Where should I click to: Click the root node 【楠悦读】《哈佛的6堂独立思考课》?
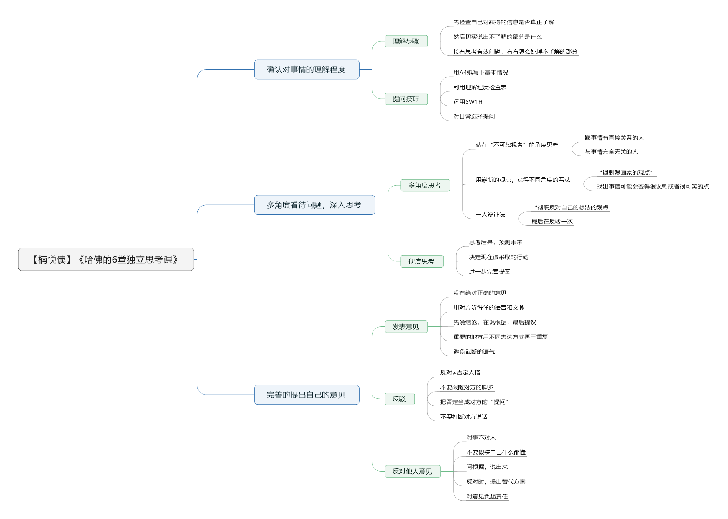click(x=106, y=259)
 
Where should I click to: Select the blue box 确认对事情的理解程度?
click(x=307, y=69)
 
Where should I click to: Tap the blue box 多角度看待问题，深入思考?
click(x=314, y=205)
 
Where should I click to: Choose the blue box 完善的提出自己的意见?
click(x=307, y=395)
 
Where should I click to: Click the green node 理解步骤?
click(x=406, y=41)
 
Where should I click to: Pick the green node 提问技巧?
click(x=406, y=99)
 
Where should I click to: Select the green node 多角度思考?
click(x=425, y=185)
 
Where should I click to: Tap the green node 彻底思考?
click(x=422, y=261)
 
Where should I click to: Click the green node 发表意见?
click(x=406, y=326)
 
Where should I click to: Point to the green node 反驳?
click(x=399, y=399)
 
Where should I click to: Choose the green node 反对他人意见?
click(x=412, y=471)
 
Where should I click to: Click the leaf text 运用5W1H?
click(x=468, y=102)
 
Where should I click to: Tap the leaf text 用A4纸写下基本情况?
click(x=481, y=72)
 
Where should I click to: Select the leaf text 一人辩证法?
click(x=490, y=215)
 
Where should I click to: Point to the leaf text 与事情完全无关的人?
click(x=611, y=152)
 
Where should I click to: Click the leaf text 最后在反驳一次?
click(x=552, y=222)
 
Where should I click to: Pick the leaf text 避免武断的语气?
click(x=474, y=352)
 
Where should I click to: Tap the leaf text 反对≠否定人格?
click(x=460, y=373)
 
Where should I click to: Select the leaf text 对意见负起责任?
click(x=487, y=496)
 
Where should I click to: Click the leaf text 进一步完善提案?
click(x=490, y=272)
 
